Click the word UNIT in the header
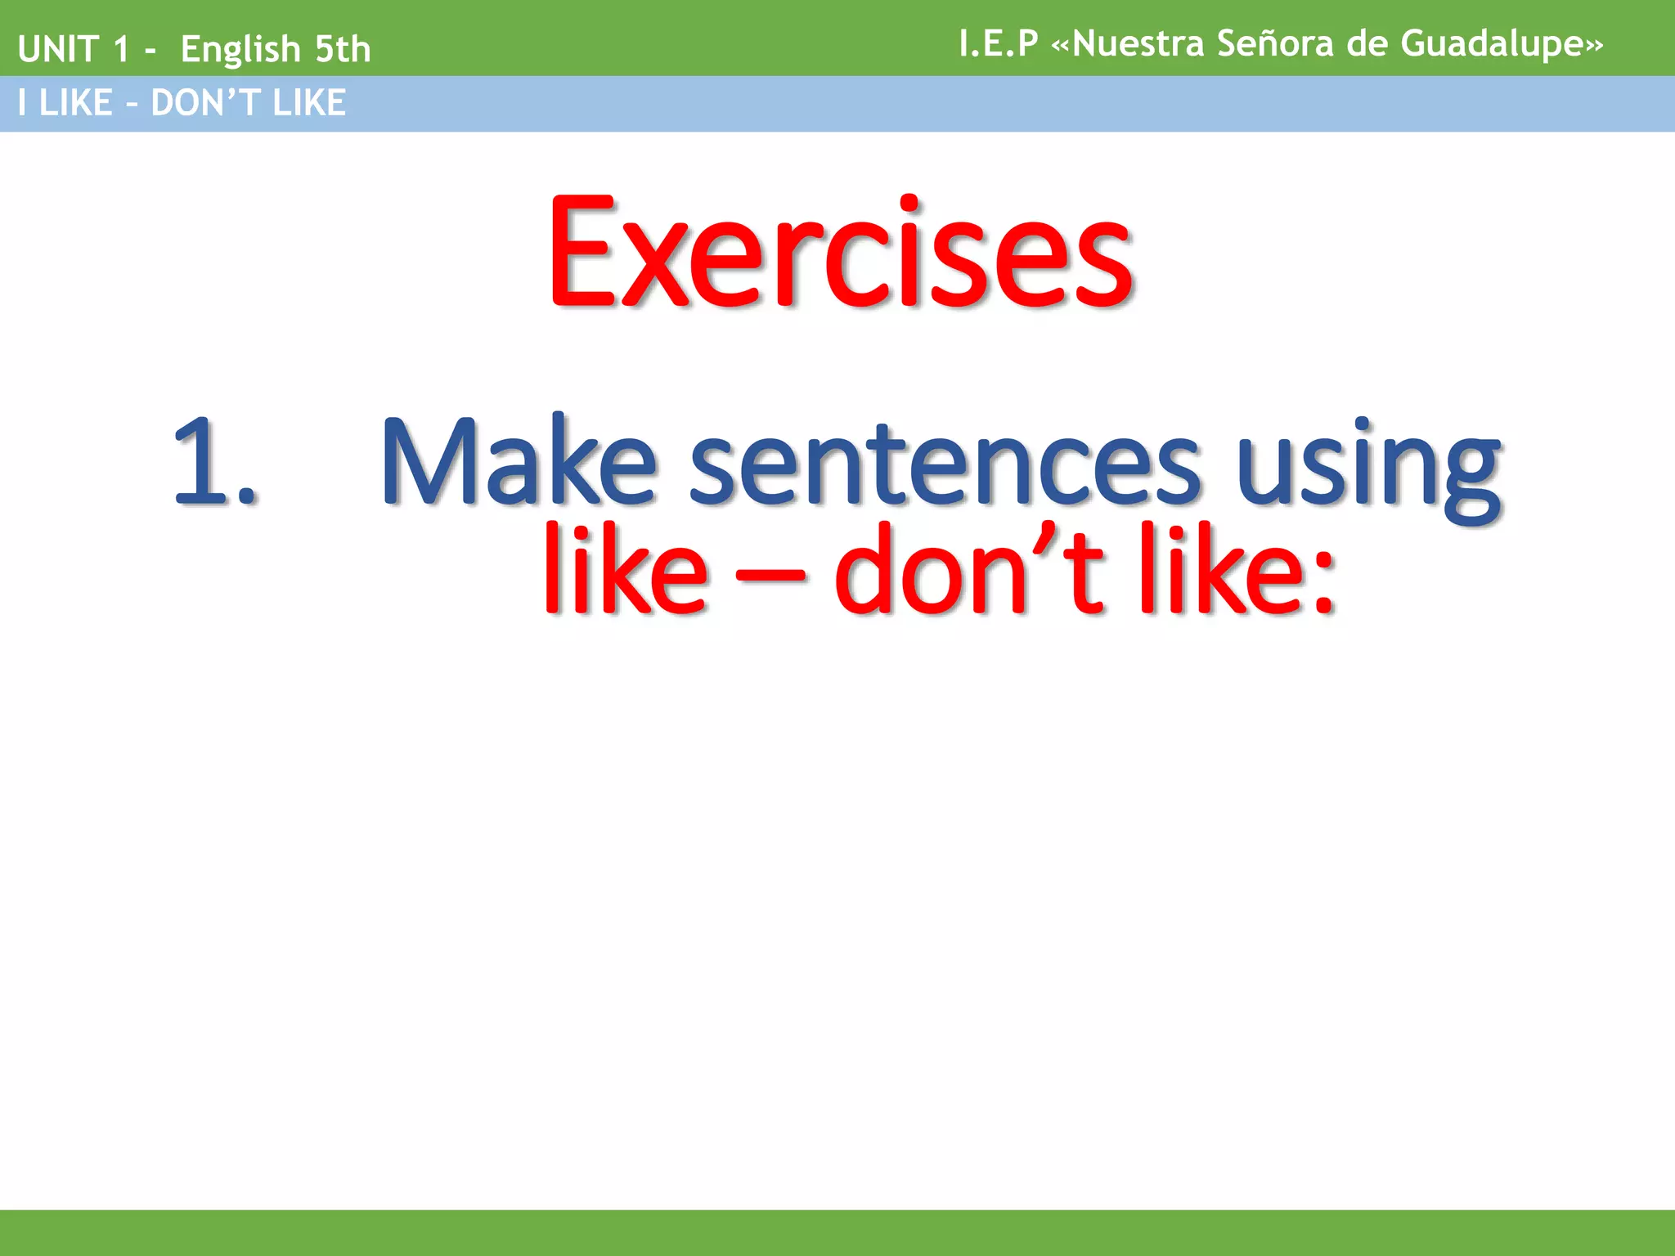pos(57,49)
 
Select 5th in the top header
pos(344,49)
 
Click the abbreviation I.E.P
pos(998,43)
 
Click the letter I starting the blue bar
pos(22,103)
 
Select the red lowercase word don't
pos(970,569)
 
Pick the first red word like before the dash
pos(626,569)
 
